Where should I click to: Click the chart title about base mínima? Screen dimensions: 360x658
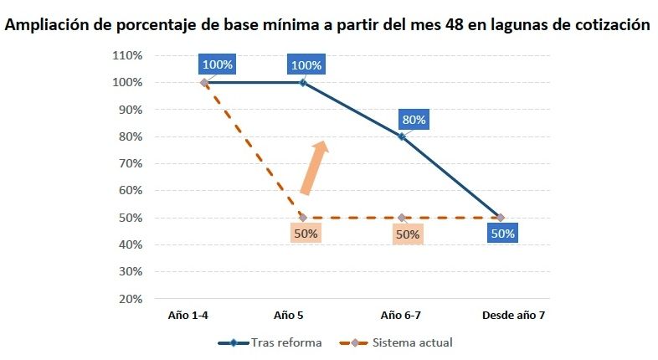tap(327, 25)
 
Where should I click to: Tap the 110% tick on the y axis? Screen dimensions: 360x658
tap(126, 56)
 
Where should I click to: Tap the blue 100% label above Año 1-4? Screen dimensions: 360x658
tap(216, 64)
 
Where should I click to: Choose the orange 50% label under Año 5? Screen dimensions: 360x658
tap(306, 234)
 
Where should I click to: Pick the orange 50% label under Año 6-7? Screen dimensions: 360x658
tap(407, 234)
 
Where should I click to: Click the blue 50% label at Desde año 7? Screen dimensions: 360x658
tap(503, 234)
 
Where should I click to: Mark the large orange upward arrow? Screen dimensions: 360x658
tap(314, 167)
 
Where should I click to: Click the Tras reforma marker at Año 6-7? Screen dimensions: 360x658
tap(402, 136)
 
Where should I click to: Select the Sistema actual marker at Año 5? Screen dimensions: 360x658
tap(303, 218)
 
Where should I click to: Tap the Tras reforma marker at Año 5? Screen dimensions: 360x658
tap(303, 83)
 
